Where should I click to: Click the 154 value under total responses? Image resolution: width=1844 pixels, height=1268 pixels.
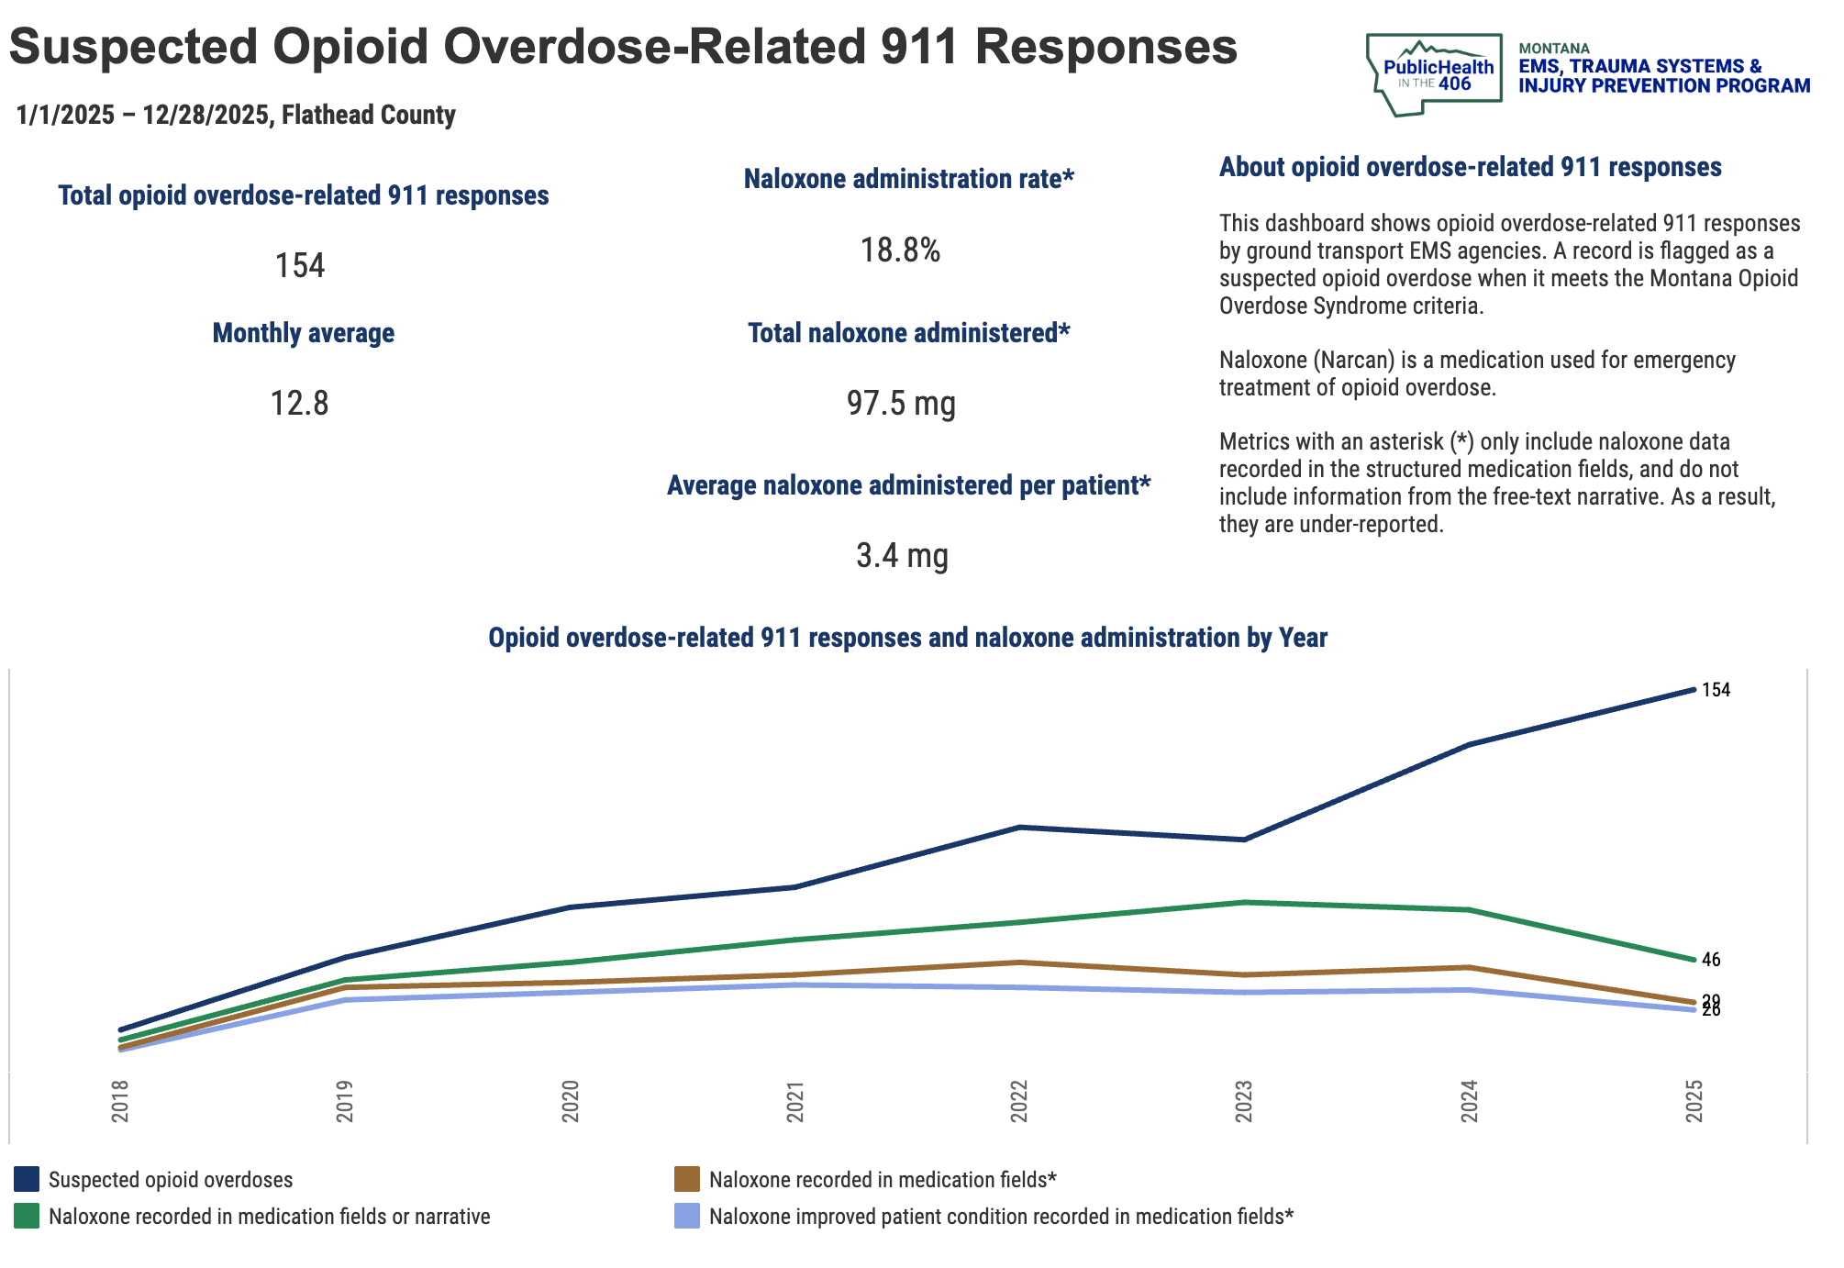tap(300, 265)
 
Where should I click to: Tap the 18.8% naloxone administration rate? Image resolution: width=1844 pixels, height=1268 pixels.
tap(900, 250)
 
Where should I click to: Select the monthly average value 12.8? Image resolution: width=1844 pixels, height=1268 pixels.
tap(299, 403)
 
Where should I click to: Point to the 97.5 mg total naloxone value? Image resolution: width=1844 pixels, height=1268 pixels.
tap(901, 403)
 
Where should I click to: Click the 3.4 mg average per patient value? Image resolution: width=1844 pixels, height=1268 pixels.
tap(902, 556)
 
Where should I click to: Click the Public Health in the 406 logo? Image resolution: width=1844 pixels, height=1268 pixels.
tap(1434, 74)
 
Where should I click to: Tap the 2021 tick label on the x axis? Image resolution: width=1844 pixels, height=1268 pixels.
tap(795, 1101)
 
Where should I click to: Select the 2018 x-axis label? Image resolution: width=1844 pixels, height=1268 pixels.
tap(120, 1101)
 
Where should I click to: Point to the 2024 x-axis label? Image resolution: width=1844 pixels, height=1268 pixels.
tap(1469, 1101)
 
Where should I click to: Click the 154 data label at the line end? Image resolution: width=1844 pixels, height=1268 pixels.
tap(1716, 690)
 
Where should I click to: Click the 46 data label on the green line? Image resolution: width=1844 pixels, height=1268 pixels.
tap(1711, 960)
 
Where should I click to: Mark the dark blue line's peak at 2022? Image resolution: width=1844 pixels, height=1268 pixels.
tap(1019, 828)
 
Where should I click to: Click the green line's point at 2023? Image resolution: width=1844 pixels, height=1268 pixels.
tap(1244, 902)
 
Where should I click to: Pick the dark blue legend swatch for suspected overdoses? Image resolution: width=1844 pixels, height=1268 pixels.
tap(27, 1179)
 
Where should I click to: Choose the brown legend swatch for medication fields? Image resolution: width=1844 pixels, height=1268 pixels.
tap(687, 1179)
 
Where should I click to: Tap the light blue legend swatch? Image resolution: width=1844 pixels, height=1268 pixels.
tap(687, 1217)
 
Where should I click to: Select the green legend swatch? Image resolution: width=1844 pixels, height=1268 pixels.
tap(27, 1217)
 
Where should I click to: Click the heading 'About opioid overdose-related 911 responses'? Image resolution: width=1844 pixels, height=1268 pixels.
tap(1470, 167)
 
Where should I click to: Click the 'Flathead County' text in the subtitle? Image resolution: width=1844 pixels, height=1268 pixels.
tap(368, 115)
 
